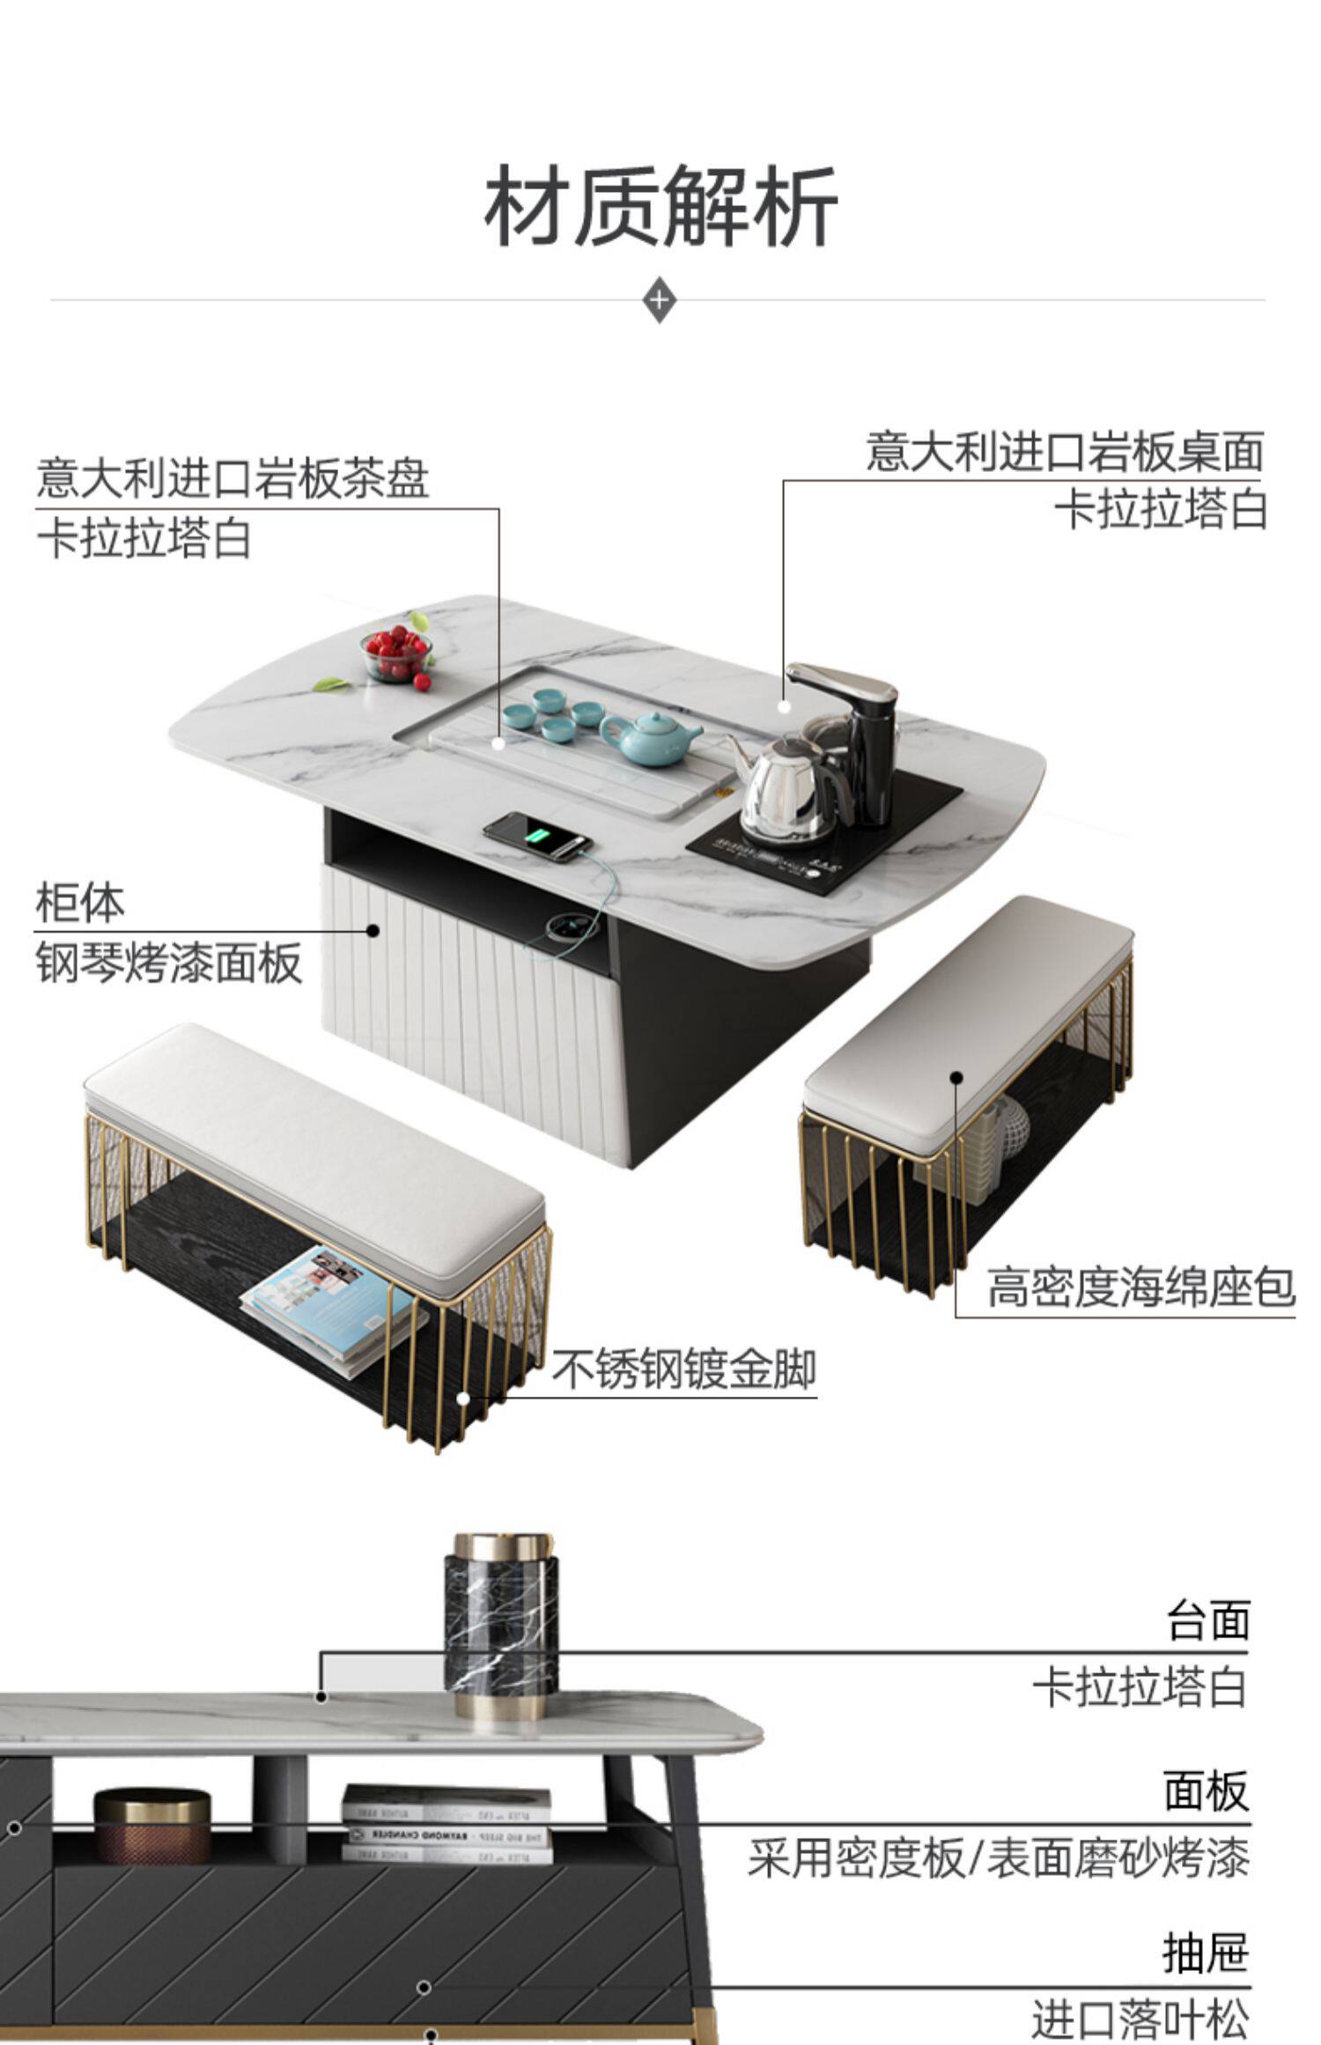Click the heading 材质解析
tap(660, 208)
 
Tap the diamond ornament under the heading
tap(660, 299)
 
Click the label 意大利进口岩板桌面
tap(1065, 452)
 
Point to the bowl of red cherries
tap(397, 654)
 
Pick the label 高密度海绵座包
tap(1140, 1287)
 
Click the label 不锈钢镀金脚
tap(684, 1369)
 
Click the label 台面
tap(1207, 1621)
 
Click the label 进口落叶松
tap(1140, 2016)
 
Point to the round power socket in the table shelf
tap(561, 925)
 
